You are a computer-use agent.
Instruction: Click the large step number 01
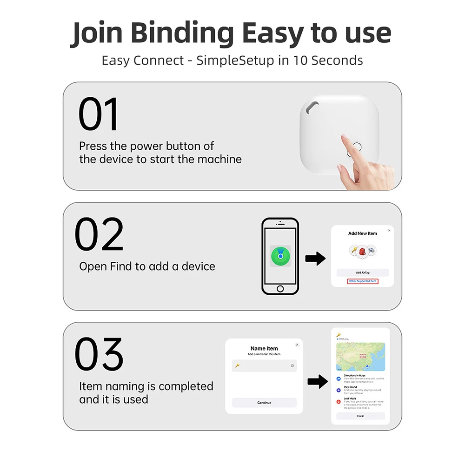coord(99,114)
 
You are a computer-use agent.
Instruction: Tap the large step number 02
coord(100,234)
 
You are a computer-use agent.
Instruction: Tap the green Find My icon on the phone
coord(280,256)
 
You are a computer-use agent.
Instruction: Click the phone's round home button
coord(280,289)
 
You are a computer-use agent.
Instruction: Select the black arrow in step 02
coord(315,259)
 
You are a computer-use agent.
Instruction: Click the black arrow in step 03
coord(318,382)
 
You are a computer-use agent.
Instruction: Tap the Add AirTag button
coord(362,272)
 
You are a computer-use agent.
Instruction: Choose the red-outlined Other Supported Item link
coord(363,281)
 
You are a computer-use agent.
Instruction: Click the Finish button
coord(360,416)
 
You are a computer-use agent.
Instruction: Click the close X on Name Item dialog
coord(297,345)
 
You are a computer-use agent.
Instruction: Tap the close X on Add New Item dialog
coord(389,230)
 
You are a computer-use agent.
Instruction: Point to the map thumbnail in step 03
coord(360,357)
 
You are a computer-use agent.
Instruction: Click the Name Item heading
coord(264,348)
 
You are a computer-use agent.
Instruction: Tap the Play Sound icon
coord(338,390)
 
